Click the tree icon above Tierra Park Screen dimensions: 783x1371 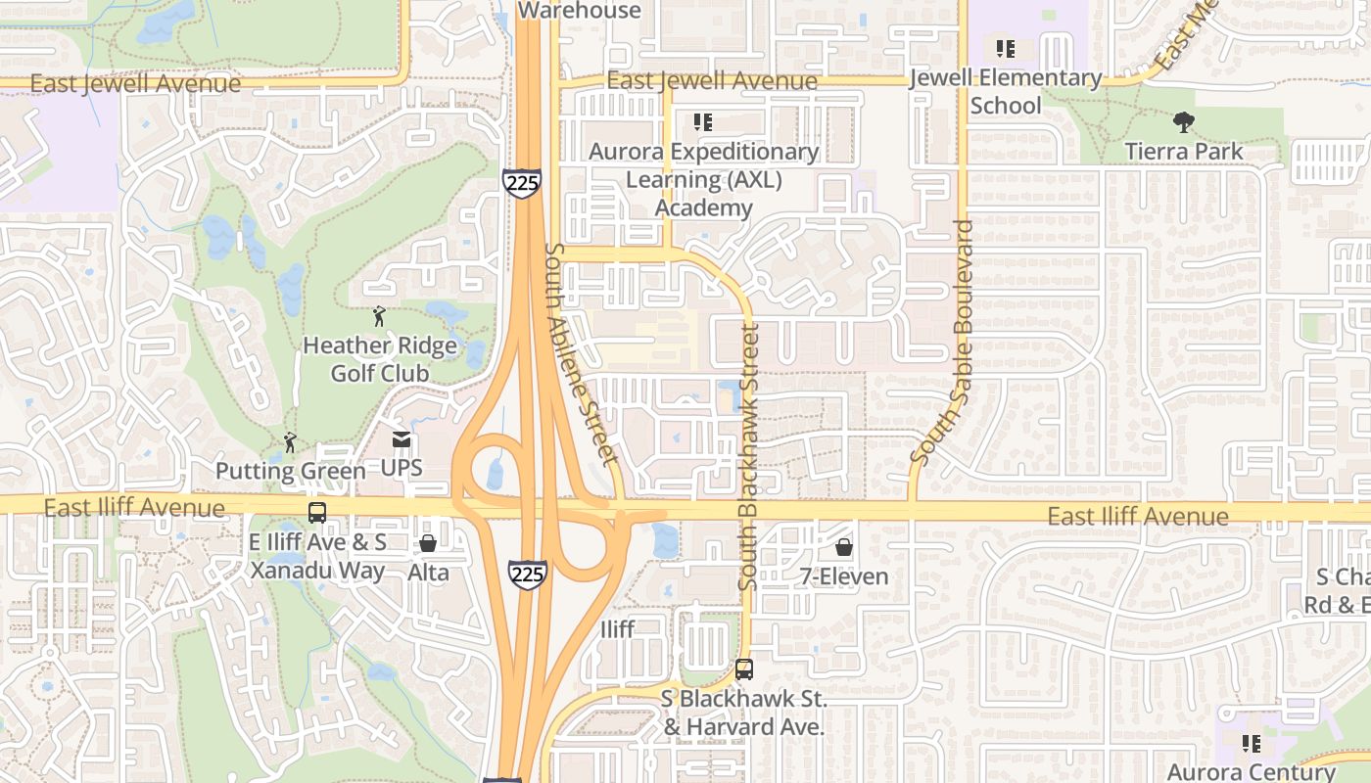(1184, 122)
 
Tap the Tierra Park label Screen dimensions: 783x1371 (1184, 151)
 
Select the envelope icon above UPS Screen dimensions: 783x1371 (402, 440)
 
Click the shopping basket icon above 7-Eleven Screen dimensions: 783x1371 (843, 547)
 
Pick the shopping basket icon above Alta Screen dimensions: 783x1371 (428, 543)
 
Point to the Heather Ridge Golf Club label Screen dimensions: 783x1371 (380, 359)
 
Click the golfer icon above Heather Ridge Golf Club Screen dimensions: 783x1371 (379, 316)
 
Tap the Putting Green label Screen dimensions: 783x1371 (290, 471)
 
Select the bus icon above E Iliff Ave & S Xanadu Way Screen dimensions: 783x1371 (317, 512)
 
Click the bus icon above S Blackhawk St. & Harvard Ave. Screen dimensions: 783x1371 (744, 670)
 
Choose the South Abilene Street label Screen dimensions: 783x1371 (582, 353)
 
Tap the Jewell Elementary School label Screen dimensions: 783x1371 (1006, 91)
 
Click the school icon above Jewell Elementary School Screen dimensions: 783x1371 (1005, 48)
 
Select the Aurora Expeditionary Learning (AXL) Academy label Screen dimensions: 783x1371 (703, 180)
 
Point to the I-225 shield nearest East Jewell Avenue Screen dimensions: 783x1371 (521, 183)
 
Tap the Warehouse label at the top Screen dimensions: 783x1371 (579, 11)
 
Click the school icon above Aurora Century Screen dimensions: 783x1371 (1251, 744)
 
